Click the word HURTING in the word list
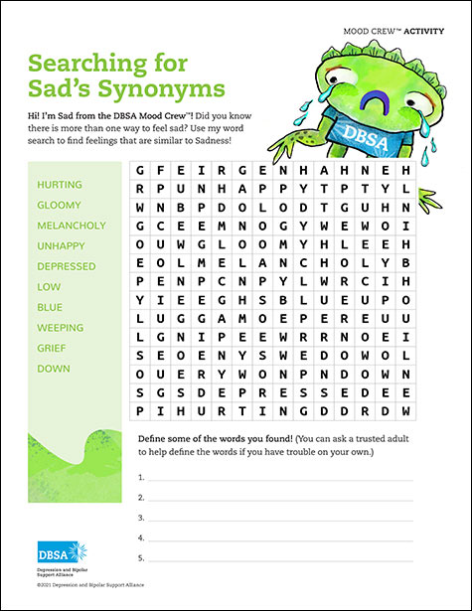(x=60, y=185)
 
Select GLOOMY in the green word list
(x=59, y=205)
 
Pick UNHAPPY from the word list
(x=61, y=245)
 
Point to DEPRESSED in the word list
(x=67, y=266)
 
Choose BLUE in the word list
(x=50, y=307)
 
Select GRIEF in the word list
(x=52, y=348)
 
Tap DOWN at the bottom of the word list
(x=53, y=369)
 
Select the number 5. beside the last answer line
(x=141, y=557)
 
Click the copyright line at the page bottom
(x=84, y=586)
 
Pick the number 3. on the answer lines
(x=141, y=518)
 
